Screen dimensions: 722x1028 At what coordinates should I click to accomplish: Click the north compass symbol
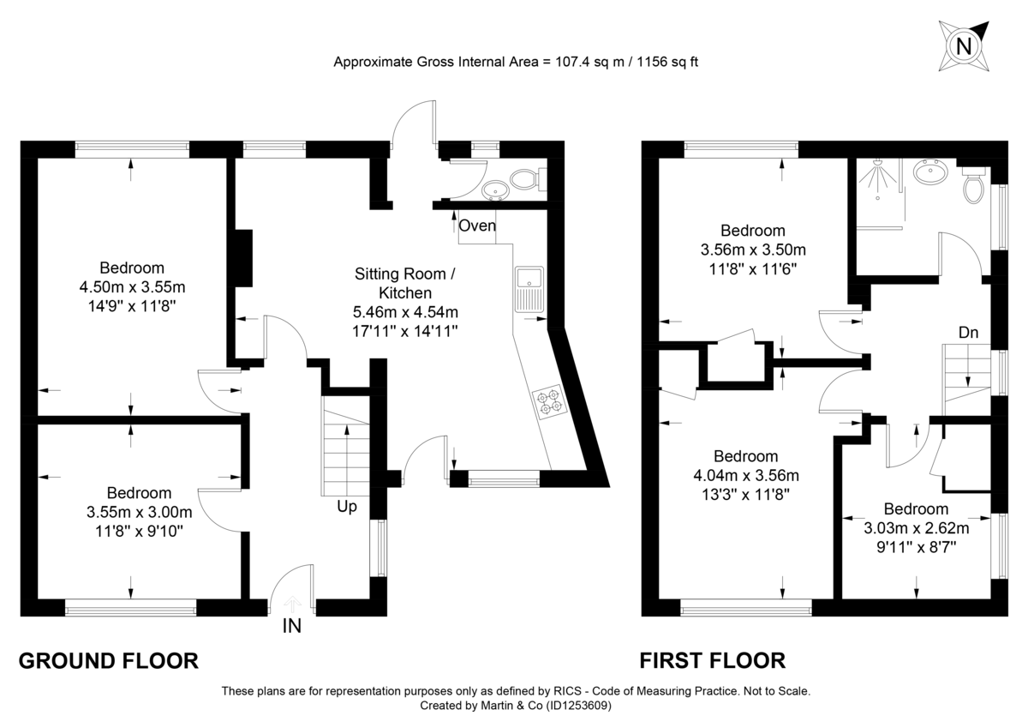click(x=964, y=44)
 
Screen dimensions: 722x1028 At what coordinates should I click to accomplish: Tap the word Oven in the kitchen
click(x=477, y=226)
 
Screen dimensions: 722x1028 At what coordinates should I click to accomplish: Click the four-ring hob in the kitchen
click(x=547, y=401)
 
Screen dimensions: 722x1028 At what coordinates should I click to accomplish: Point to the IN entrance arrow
click(x=291, y=605)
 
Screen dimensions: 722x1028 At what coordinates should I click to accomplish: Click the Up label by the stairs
click(x=347, y=507)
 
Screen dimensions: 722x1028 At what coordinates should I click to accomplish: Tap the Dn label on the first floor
click(x=970, y=332)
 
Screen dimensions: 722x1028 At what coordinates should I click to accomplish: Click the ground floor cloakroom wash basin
click(x=493, y=188)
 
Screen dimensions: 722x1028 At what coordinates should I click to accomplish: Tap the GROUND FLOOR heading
click(x=109, y=660)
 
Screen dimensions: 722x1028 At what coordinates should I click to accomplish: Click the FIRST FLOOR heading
click(x=712, y=660)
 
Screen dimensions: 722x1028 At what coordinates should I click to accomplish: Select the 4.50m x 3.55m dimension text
click(x=132, y=286)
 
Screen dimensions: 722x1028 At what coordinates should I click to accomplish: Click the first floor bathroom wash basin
click(x=930, y=173)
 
